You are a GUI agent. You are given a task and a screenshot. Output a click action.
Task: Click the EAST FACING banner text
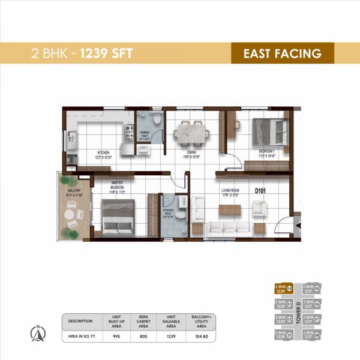click(x=281, y=53)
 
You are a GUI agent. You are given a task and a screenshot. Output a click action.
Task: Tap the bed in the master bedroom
click(x=119, y=215)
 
